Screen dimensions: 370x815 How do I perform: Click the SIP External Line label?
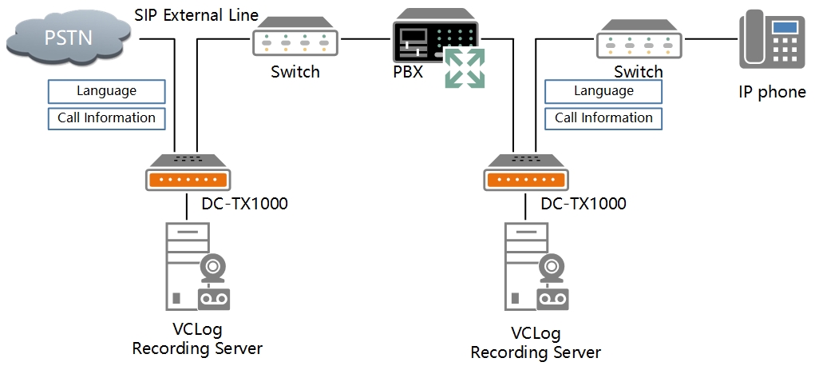tap(196, 15)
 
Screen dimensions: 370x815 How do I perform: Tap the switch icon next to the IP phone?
tap(639, 41)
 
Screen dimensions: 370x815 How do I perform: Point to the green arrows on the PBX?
tap(465, 67)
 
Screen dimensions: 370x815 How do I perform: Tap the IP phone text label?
tap(771, 92)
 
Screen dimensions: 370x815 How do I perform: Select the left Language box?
tap(107, 91)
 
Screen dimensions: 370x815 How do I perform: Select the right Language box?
tap(603, 91)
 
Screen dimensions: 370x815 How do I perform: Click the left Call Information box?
tap(107, 117)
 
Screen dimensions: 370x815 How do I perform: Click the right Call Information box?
tap(603, 117)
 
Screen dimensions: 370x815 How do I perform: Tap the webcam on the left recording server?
tap(212, 267)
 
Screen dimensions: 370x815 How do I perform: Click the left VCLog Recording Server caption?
tap(196, 339)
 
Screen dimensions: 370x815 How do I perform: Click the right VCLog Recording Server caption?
tap(535, 343)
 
